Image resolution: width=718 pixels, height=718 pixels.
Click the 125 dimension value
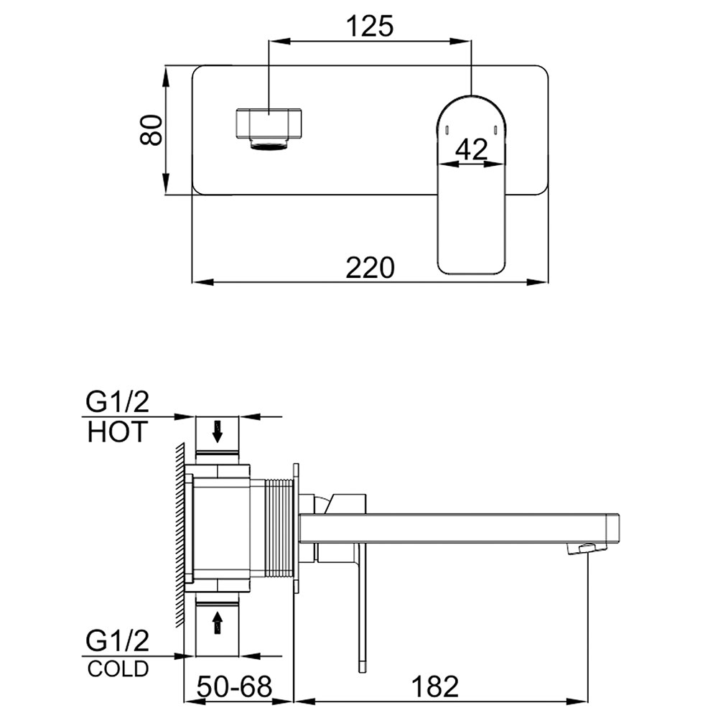(x=370, y=26)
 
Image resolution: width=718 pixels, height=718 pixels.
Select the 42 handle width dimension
(x=472, y=149)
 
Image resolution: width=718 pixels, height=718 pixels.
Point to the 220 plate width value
(x=370, y=268)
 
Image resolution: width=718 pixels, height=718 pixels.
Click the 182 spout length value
(x=435, y=686)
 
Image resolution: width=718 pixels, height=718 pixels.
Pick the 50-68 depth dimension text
(x=235, y=686)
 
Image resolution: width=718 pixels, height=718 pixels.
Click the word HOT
(x=118, y=432)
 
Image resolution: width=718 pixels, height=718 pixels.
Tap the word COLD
(x=118, y=668)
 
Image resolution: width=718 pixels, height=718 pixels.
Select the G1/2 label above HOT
(x=117, y=403)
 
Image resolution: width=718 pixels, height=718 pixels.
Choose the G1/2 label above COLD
(x=117, y=640)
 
